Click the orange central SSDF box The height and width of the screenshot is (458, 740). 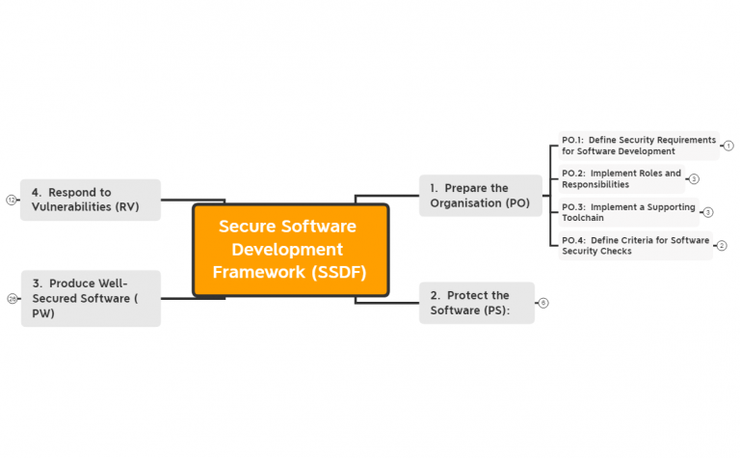tap(290, 250)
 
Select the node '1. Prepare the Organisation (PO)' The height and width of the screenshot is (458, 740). tap(480, 196)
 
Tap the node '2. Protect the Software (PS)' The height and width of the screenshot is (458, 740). tap(476, 303)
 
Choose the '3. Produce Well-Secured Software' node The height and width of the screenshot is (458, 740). tap(91, 298)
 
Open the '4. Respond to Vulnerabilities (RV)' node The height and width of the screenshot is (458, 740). tap(91, 200)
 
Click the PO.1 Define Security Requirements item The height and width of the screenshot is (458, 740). tap(639, 146)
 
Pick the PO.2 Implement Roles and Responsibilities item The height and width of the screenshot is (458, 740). tap(621, 179)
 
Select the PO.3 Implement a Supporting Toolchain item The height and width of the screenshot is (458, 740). tap(628, 213)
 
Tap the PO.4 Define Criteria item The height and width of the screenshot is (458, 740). tap(635, 246)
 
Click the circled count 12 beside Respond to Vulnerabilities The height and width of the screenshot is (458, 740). tap(12, 200)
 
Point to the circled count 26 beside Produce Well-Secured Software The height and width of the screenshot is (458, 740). tap(12, 299)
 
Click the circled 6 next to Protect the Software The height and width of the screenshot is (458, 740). tap(543, 303)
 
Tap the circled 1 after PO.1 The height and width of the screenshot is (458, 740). tap(728, 146)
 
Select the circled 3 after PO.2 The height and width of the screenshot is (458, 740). tap(694, 179)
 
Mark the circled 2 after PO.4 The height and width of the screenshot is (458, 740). tap(722, 246)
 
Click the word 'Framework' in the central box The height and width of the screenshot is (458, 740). tap(257, 272)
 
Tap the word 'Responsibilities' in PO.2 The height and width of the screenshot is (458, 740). tap(595, 185)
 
